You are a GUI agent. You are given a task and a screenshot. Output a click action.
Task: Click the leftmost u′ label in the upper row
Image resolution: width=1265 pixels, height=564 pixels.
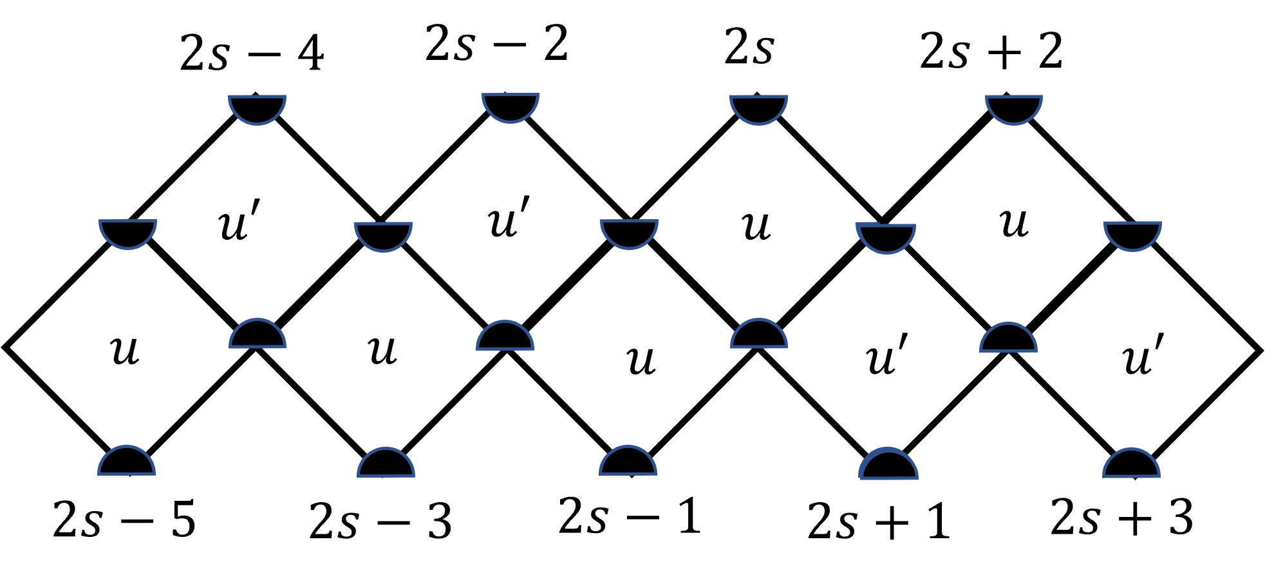pos(239,221)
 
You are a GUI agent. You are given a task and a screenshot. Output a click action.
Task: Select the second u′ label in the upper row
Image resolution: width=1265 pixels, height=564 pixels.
pos(509,218)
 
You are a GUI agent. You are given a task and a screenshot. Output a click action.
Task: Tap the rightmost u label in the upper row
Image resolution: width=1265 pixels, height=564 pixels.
pos(1015,223)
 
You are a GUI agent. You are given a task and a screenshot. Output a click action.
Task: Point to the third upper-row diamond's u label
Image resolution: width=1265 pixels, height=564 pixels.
pos(756,226)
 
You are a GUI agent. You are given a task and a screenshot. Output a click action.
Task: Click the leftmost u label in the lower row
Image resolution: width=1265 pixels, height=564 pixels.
pos(125,351)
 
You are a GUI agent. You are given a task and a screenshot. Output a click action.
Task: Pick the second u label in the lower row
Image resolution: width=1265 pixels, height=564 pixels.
pos(382,351)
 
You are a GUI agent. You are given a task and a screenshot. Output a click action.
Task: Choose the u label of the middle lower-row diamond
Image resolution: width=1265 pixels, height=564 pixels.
pos(641,360)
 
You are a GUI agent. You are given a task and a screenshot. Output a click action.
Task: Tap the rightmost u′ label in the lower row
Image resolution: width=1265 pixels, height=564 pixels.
pos(1143,356)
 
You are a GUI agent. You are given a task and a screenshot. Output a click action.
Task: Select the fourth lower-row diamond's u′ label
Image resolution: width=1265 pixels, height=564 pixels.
pos(887,356)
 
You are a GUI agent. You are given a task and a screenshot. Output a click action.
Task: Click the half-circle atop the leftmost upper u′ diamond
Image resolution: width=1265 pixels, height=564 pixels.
pos(257,107)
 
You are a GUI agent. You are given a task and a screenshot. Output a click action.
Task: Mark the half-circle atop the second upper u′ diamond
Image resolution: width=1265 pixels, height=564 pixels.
pos(511,105)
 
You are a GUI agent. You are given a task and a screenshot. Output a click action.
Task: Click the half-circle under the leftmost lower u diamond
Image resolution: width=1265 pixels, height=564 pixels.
pos(127,463)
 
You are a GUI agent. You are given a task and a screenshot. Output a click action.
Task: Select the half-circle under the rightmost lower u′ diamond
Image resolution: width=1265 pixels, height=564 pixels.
pos(1132,465)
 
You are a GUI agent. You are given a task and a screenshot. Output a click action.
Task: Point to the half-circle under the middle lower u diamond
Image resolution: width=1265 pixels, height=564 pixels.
pos(628,463)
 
